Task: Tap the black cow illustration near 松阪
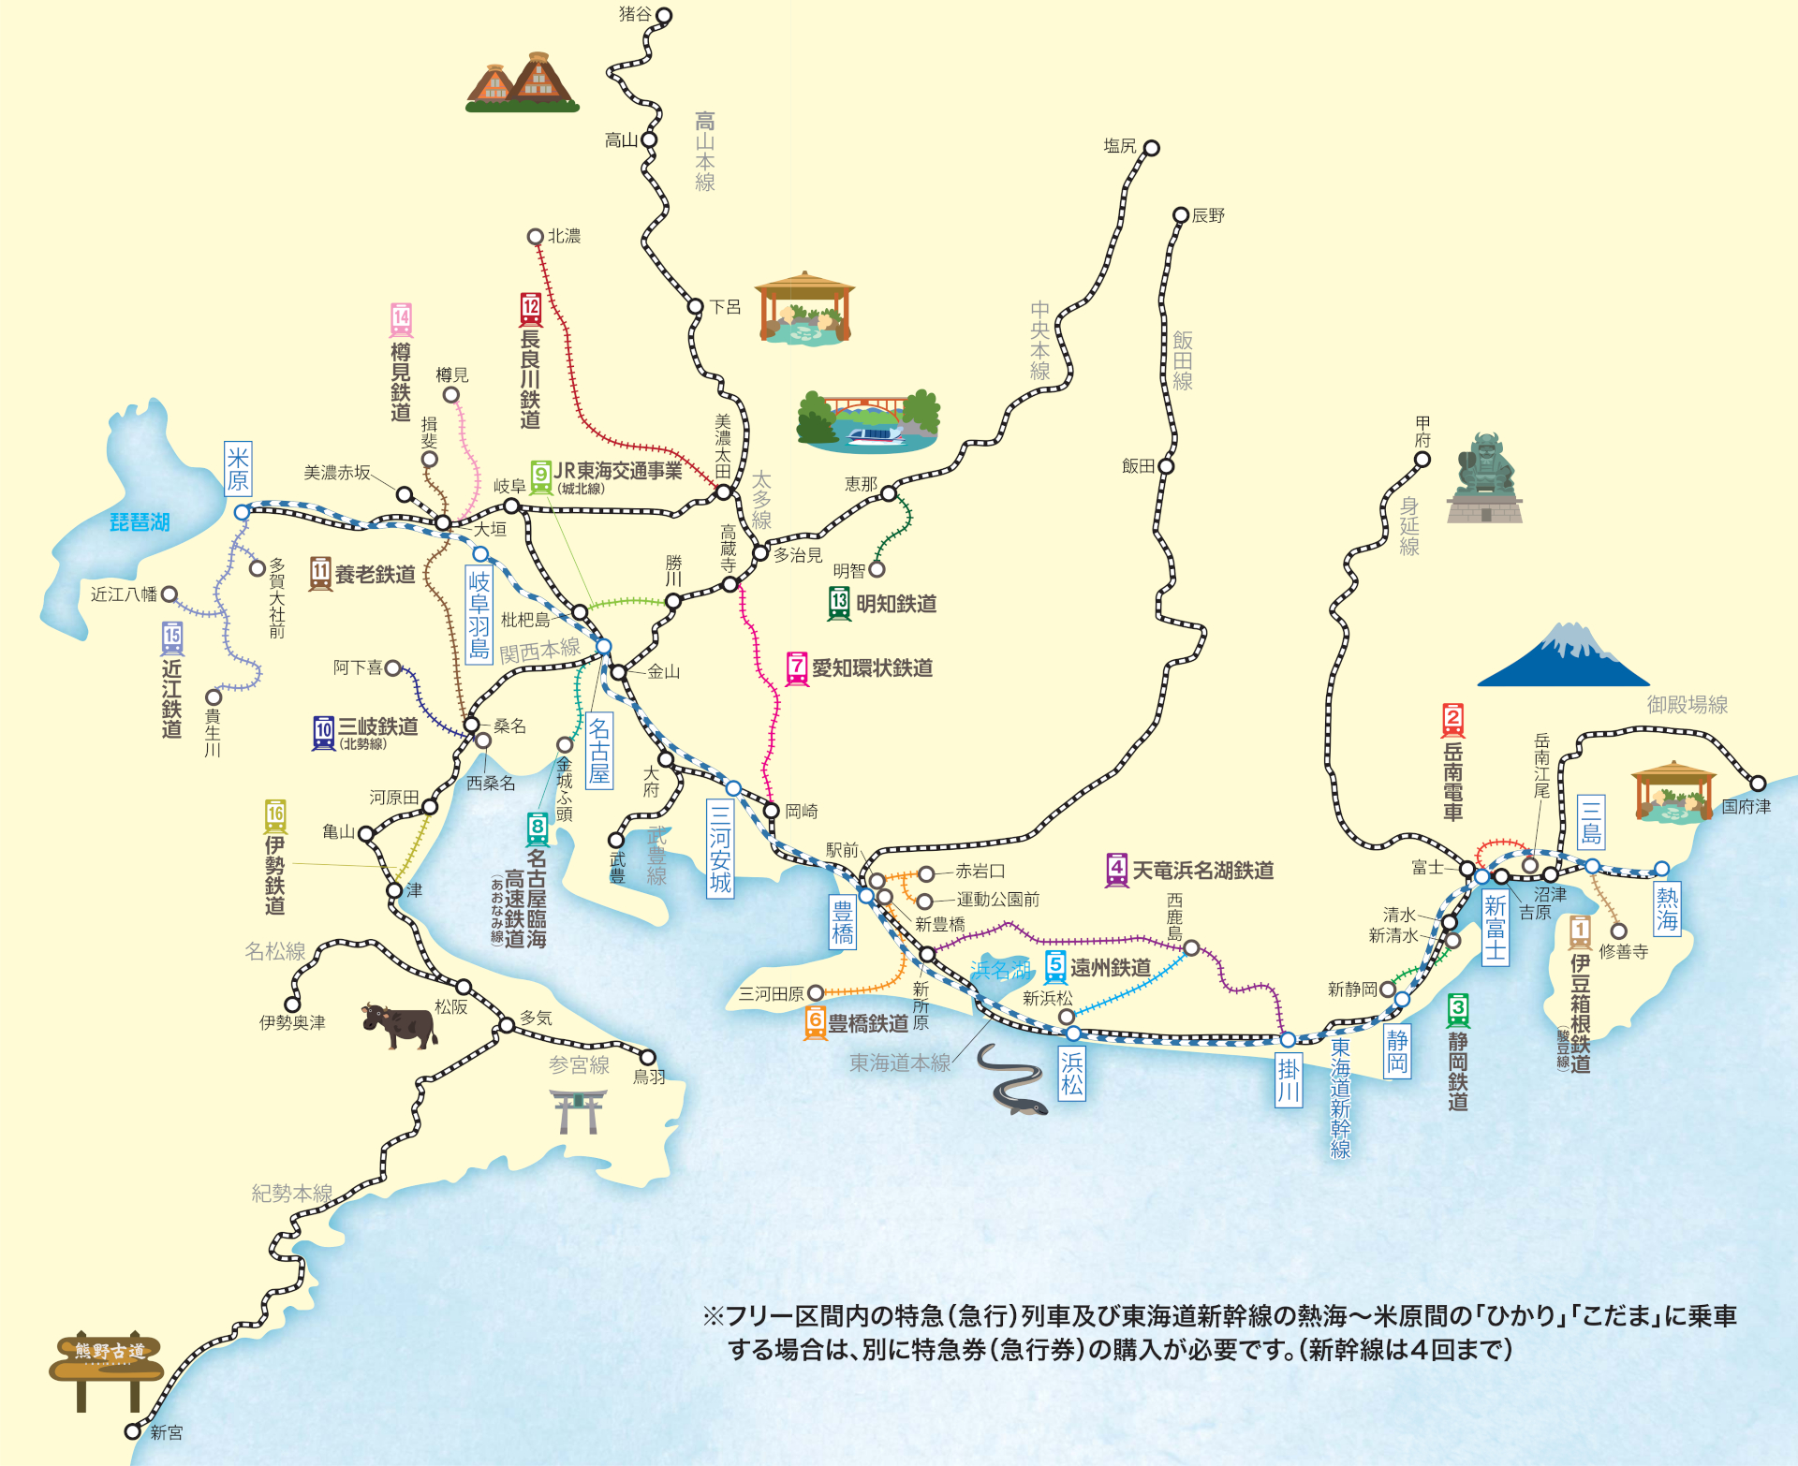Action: pyautogui.click(x=400, y=1025)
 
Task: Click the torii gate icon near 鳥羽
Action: pyautogui.click(x=579, y=1110)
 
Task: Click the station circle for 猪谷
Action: pyautogui.click(x=664, y=16)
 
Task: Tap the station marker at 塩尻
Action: pyautogui.click(x=1152, y=148)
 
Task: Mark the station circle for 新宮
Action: pyautogui.click(x=133, y=1431)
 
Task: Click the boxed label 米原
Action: pyautogui.click(x=238, y=468)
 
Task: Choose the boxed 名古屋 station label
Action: pyautogui.click(x=599, y=750)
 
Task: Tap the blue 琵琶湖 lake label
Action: pyautogui.click(x=140, y=522)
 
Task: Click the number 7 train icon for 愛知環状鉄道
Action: pyautogui.click(x=797, y=668)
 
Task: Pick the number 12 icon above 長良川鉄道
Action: pyautogui.click(x=531, y=309)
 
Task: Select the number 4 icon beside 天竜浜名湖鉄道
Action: pyautogui.click(x=1116, y=870)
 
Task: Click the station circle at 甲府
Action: pyautogui.click(x=1422, y=460)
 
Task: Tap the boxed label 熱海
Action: pyautogui.click(x=1667, y=909)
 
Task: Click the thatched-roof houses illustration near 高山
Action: pyautogui.click(x=521, y=82)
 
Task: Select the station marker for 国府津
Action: pyautogui.click(x=1758, y=784)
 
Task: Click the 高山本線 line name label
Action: pyautogui.click(x=705, y=152)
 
